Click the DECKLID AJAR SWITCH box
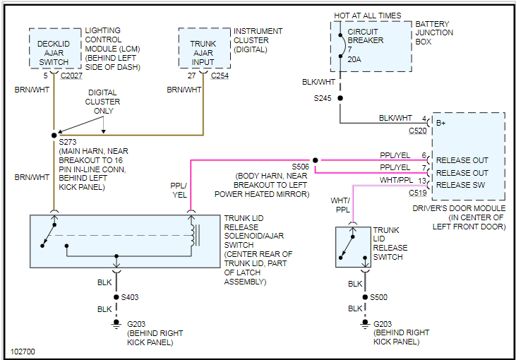54,49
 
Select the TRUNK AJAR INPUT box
204,49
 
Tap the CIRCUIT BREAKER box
371,46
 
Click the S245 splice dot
340,98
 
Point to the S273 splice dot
54,134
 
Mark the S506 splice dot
315,160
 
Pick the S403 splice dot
114,297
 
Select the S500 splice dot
364,297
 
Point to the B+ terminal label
442,122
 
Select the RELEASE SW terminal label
462,185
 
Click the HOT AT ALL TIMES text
368,16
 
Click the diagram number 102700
23,351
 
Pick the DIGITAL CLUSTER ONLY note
103,102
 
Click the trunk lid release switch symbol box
352,246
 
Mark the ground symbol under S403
114,324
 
